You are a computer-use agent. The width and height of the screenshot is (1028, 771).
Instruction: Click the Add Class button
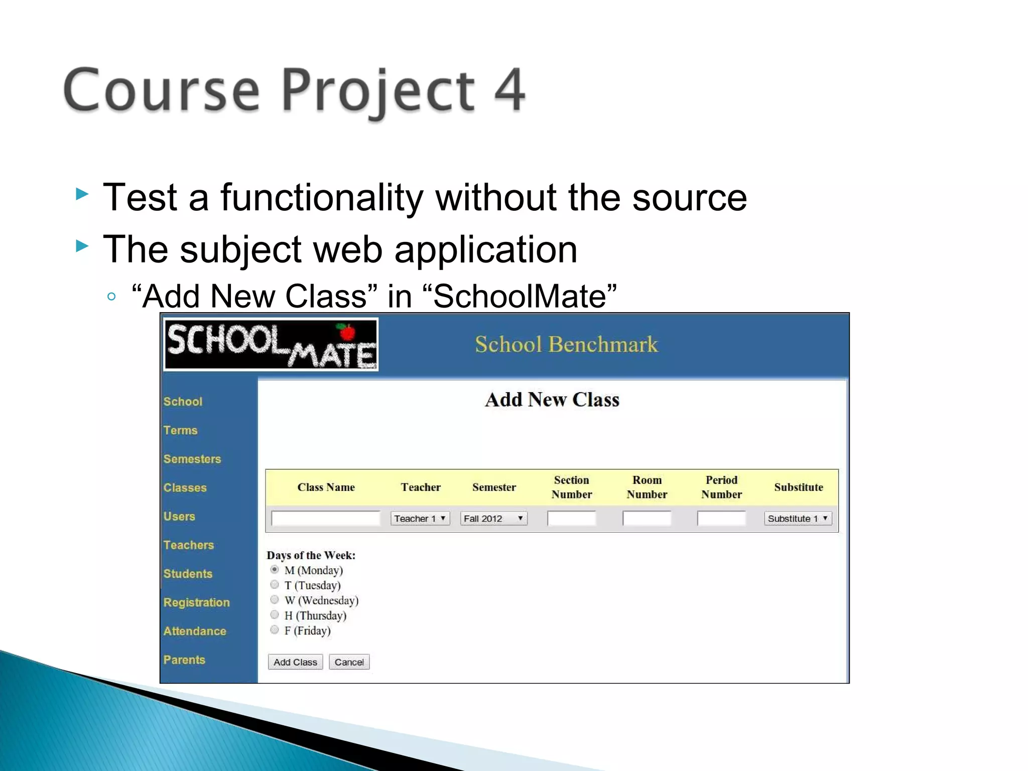click(295, 662)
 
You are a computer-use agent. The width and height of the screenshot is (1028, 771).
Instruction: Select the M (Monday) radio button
click(275, 570)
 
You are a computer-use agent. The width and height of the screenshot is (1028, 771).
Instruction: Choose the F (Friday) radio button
click(275, 630)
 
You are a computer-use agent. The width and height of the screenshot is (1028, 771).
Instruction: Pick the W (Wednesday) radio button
click(275, 600)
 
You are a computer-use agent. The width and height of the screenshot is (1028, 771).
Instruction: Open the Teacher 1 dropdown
click(420, 519)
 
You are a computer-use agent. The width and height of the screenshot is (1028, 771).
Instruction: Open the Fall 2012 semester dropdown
click(493, 519)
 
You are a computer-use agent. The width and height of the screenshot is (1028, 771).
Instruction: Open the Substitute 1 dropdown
click(798, 519)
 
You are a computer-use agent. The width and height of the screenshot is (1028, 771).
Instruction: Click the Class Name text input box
click(325, 519)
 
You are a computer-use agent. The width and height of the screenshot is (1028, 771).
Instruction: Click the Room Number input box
click(647, 519)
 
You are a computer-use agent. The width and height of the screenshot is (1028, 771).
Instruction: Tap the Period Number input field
click(721, 519)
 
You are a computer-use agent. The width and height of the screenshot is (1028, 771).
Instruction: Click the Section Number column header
click(571, 487)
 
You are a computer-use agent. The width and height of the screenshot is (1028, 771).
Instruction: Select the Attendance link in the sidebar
click(195, 631)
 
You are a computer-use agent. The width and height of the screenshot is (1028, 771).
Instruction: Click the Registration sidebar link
click(196, 602)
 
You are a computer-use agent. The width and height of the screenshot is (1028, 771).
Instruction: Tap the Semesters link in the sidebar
click(192, 459)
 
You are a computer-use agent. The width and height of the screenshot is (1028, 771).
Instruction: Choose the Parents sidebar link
click(184, 660)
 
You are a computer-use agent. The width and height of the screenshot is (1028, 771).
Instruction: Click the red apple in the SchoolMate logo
click(346, 332)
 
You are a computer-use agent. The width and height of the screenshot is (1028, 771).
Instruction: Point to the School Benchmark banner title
click(566, 344)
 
